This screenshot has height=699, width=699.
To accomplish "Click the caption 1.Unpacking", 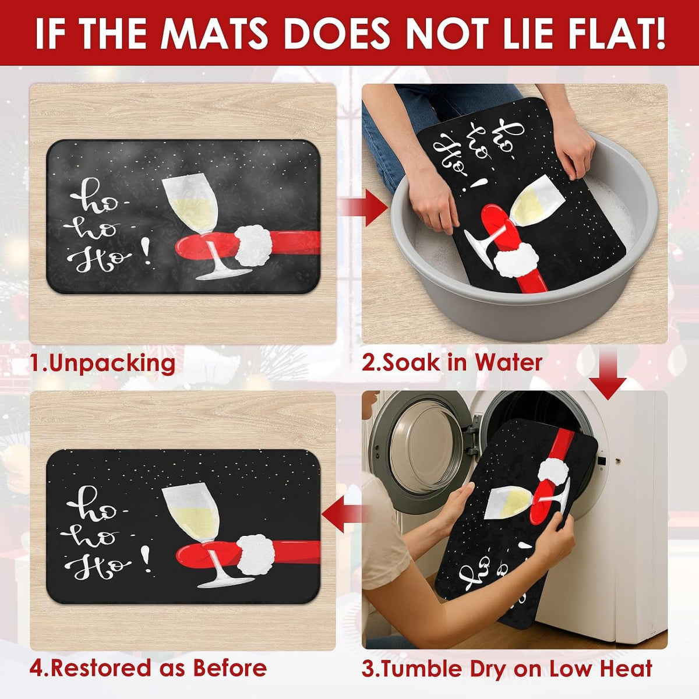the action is pyautogui.click(x=103, y=363).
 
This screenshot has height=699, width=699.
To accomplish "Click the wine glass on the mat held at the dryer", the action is pyautogui.click(x=527, y=500).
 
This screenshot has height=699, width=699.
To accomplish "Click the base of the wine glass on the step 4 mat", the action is pyautogui.click(x=225, y=583).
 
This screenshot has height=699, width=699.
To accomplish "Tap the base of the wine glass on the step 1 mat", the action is pyautogui.click(x=224, y=274).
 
